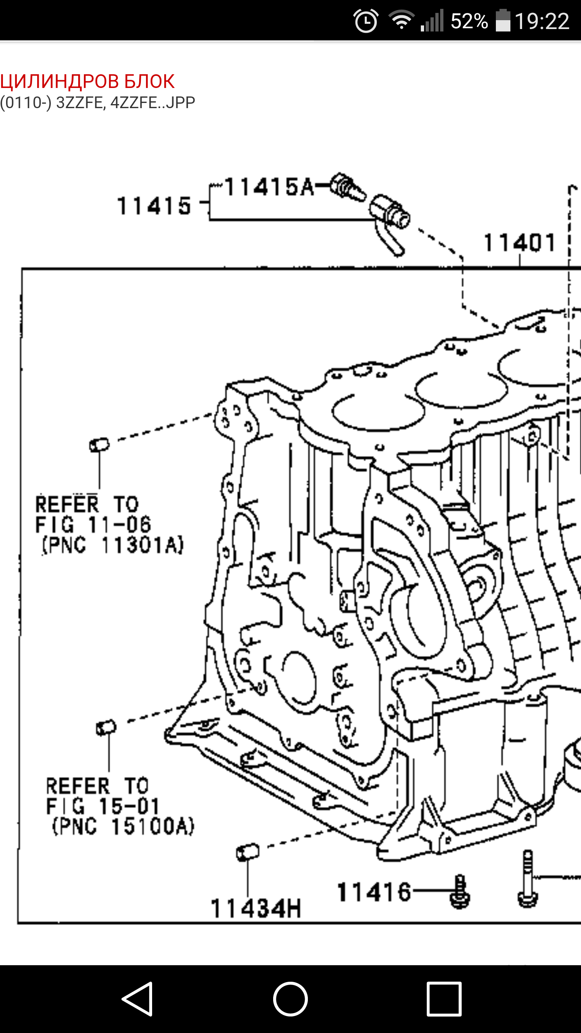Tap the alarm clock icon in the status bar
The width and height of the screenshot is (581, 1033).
point(366,21)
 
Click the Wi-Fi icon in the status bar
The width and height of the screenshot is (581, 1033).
point(401,20)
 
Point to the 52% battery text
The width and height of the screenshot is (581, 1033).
point(469,21)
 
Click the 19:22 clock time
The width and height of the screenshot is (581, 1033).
point(542,21)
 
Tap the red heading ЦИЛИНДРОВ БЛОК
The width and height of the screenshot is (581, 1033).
point(87,82)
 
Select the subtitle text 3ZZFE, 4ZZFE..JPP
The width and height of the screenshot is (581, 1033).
point(125,103)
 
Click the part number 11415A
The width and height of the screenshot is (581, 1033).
point(269,187)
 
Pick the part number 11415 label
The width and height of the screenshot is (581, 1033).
point(154,206)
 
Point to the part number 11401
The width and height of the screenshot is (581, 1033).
point(520,243)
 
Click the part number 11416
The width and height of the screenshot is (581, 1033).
point(374,892)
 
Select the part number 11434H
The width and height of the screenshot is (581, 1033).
point(256,909)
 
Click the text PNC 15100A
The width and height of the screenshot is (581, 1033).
point(123,826)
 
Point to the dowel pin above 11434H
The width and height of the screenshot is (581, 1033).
point(248,852)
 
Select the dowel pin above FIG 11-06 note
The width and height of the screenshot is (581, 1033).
point(99,445)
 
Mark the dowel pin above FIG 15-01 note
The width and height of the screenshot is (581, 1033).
point(106,728)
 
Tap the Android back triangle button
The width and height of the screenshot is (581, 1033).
point(138,999)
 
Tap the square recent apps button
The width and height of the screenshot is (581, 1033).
point(444,999)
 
